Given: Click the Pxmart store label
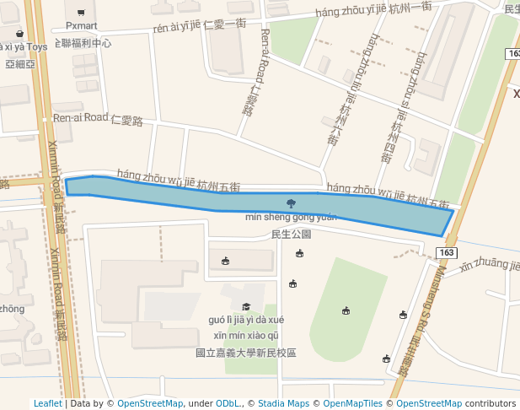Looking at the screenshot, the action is coord(81,26).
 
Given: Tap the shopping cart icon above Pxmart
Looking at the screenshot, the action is coord(81,12).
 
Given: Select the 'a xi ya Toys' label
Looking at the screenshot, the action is coord(24,47).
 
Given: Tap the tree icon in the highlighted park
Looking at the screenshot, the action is coord(291,202).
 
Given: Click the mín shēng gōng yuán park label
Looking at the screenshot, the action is coord(291,218).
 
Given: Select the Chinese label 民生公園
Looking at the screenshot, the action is coord(291,234).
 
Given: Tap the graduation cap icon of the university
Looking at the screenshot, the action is coord(246,306).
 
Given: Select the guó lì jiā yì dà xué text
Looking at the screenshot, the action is coord(246,320).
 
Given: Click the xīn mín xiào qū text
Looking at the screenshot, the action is coord(246,335).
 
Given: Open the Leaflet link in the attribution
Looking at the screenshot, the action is coord(47,403).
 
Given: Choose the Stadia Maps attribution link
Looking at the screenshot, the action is coord(283,403).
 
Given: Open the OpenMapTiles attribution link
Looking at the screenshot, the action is coord(353,403).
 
